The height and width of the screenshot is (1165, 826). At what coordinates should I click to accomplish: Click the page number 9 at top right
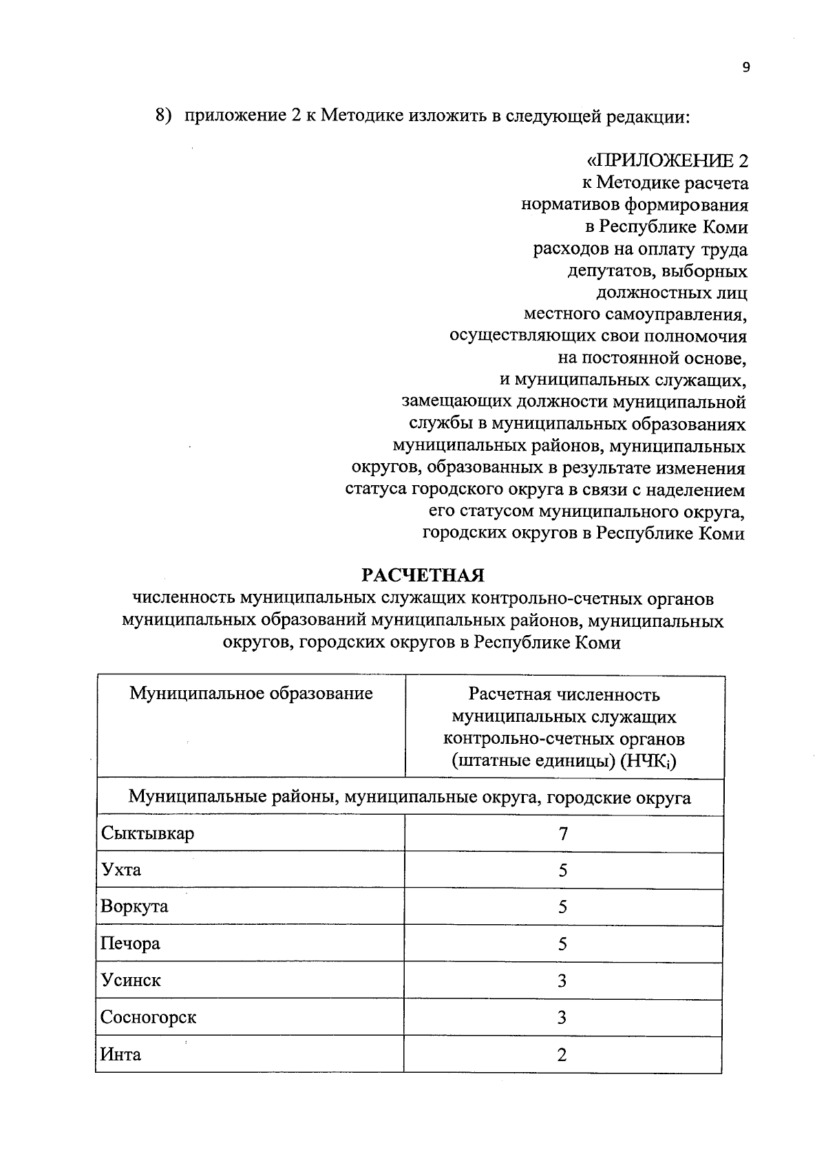click(745, 67)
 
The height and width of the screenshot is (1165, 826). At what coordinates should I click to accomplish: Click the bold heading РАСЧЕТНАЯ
click(424, 575)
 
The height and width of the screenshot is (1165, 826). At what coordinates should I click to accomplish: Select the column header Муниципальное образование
click(251, 693)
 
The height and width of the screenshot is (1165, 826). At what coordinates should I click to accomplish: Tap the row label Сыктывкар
click(147, 833)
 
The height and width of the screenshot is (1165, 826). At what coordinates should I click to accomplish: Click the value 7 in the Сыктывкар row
click(563, 834)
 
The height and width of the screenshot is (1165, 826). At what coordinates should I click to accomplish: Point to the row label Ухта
click(121, 870)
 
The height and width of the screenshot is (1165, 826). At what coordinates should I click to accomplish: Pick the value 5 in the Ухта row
click(563, 870)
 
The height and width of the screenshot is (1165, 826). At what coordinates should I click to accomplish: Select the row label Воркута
click(134, 906)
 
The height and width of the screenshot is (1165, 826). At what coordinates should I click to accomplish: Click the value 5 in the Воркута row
click(563, 907)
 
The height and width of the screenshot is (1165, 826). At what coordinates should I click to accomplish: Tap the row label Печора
click(130, 943)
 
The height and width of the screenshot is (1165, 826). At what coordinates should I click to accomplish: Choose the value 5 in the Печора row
click(563, 944)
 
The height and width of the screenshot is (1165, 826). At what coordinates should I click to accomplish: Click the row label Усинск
click(131, 980)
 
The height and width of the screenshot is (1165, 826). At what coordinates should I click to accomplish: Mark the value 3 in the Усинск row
click(562, 981)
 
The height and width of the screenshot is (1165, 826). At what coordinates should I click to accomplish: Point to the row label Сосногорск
click(149, 1017)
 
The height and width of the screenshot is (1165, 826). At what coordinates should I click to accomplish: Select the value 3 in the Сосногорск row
click(562, 1018)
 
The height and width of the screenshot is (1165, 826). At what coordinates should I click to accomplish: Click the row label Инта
click(121, 1054)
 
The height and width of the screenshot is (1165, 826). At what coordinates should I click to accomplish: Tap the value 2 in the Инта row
click(562, 1055)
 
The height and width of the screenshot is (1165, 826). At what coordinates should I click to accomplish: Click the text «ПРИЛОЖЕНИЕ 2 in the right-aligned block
click(666, 161)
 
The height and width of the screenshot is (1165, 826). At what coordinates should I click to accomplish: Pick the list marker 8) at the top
click(162, 116)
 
